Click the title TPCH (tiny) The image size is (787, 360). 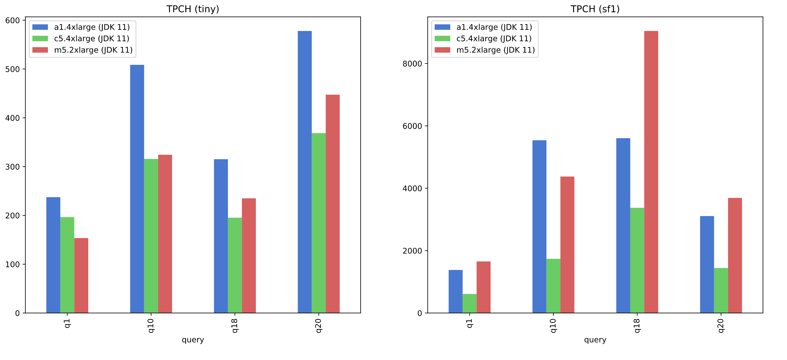(193, 9)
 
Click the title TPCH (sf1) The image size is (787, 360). (595, 9)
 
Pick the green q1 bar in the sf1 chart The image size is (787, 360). (469, 303)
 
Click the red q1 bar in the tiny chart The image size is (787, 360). (81, 275)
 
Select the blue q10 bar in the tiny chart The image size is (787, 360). (137, 189)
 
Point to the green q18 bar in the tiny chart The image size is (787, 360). (235, 265)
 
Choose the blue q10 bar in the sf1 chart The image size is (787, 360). (539, 226)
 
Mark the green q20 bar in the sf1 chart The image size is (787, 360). (721, 290)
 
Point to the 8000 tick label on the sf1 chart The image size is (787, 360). (412, 64)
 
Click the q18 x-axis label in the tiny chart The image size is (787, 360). (235, 326)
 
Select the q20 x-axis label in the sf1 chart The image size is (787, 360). (721, 326)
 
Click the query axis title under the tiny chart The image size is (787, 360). (193, 340)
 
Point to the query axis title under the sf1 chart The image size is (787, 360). (595, 340)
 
